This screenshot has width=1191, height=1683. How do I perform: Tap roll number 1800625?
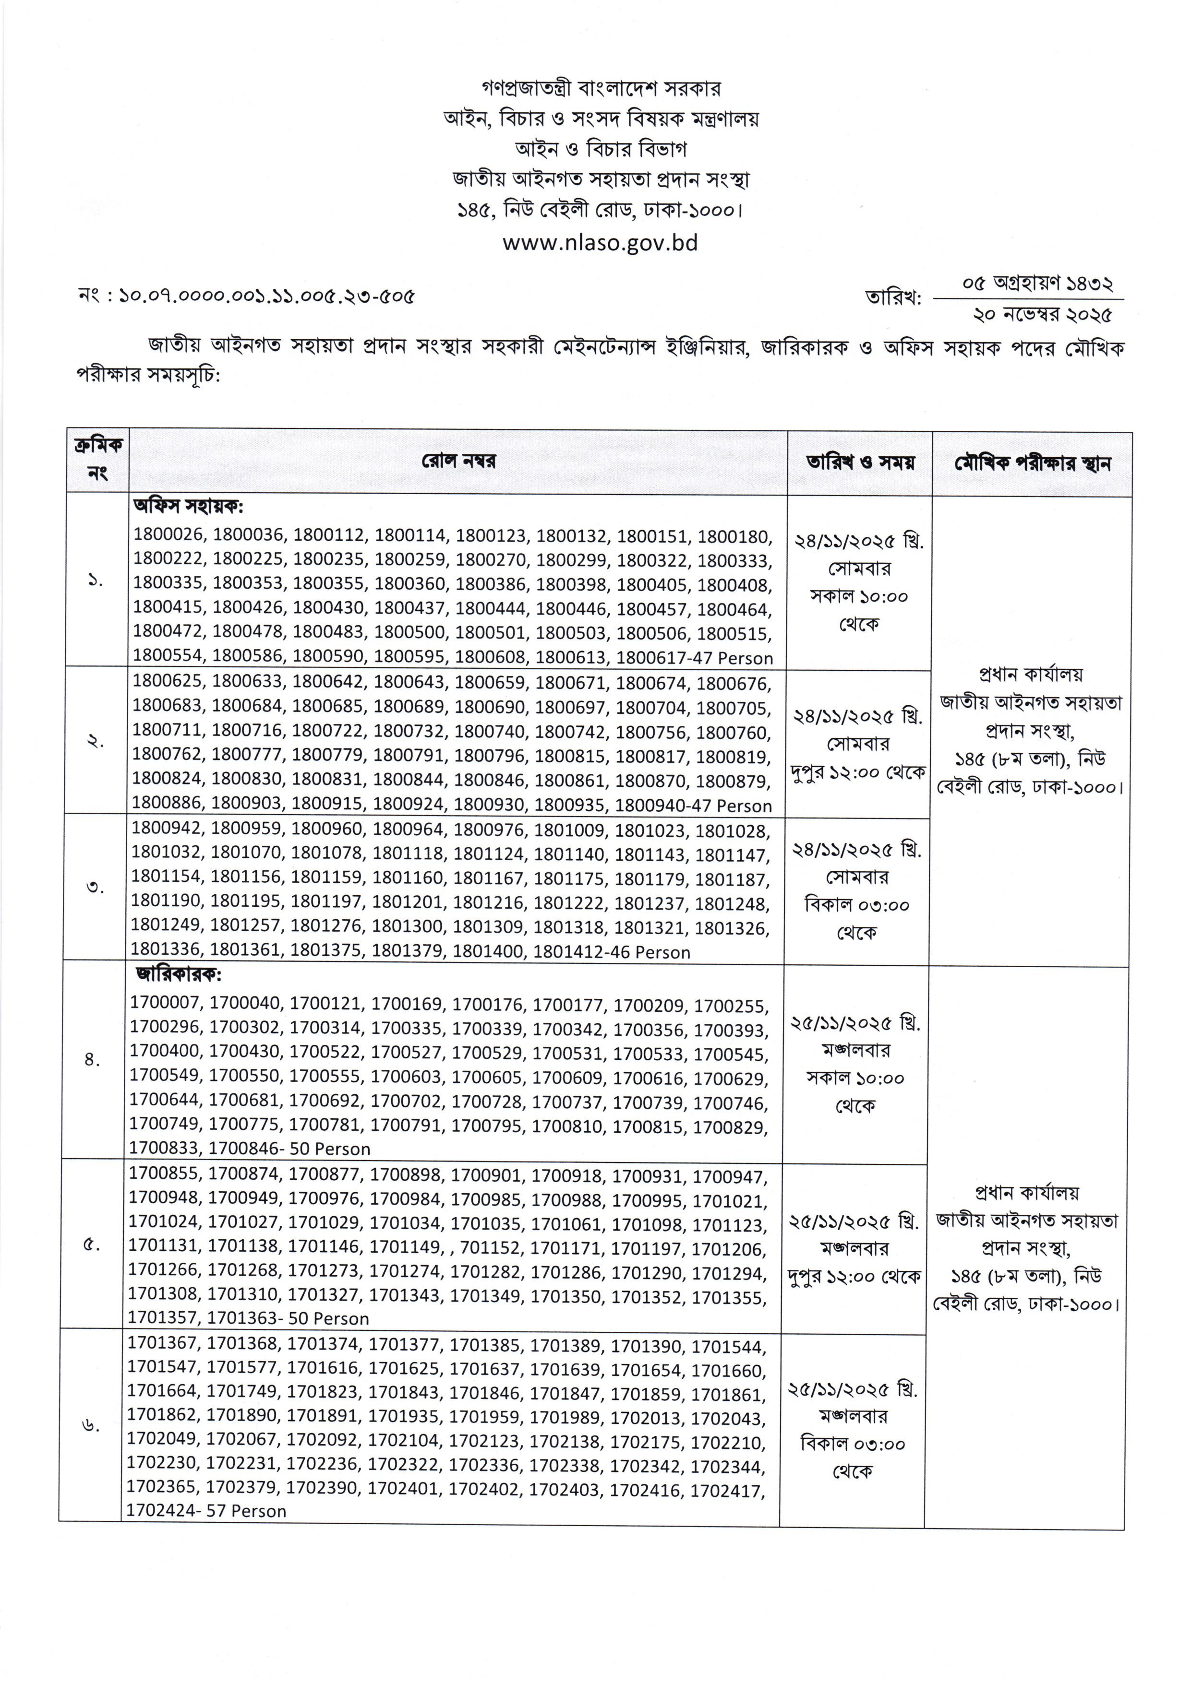pyautogui.click(x=168, y=682)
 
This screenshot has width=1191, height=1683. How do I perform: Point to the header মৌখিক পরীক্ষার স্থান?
pyautogui.click(x=1033, y=463)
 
